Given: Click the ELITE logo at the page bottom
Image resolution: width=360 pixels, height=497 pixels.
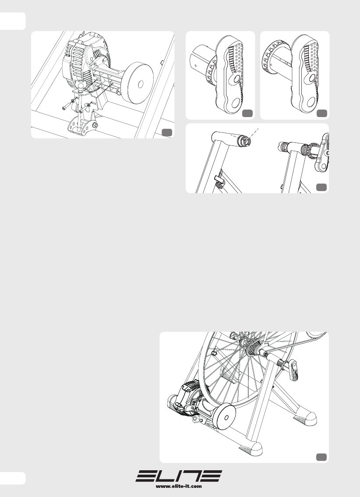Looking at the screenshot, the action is [179, 476].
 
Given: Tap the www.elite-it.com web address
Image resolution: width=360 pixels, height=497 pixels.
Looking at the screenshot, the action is [179, 486].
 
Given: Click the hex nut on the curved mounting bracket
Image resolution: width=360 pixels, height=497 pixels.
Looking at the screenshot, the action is [94, 125].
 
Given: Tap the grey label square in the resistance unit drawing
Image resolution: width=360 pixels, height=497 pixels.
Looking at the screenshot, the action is [167, 132].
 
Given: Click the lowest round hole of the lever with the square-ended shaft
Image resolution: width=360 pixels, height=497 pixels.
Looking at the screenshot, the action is [236, 103].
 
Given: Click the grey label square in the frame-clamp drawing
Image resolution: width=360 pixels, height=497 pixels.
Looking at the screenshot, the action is [321, 187].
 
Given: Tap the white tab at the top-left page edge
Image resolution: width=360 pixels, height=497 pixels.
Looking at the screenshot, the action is [13, 21].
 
